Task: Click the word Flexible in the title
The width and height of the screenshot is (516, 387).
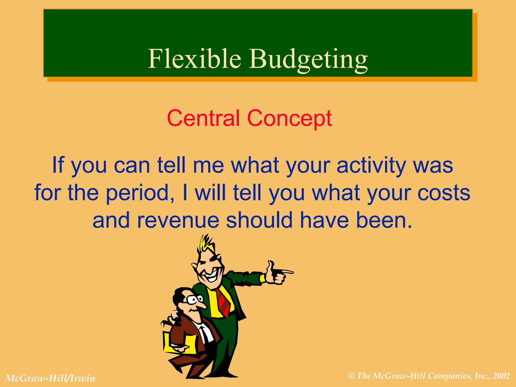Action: (194, 58)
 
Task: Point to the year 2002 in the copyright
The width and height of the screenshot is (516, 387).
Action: (501, 376)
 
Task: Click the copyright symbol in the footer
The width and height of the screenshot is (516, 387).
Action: (351, 376)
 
